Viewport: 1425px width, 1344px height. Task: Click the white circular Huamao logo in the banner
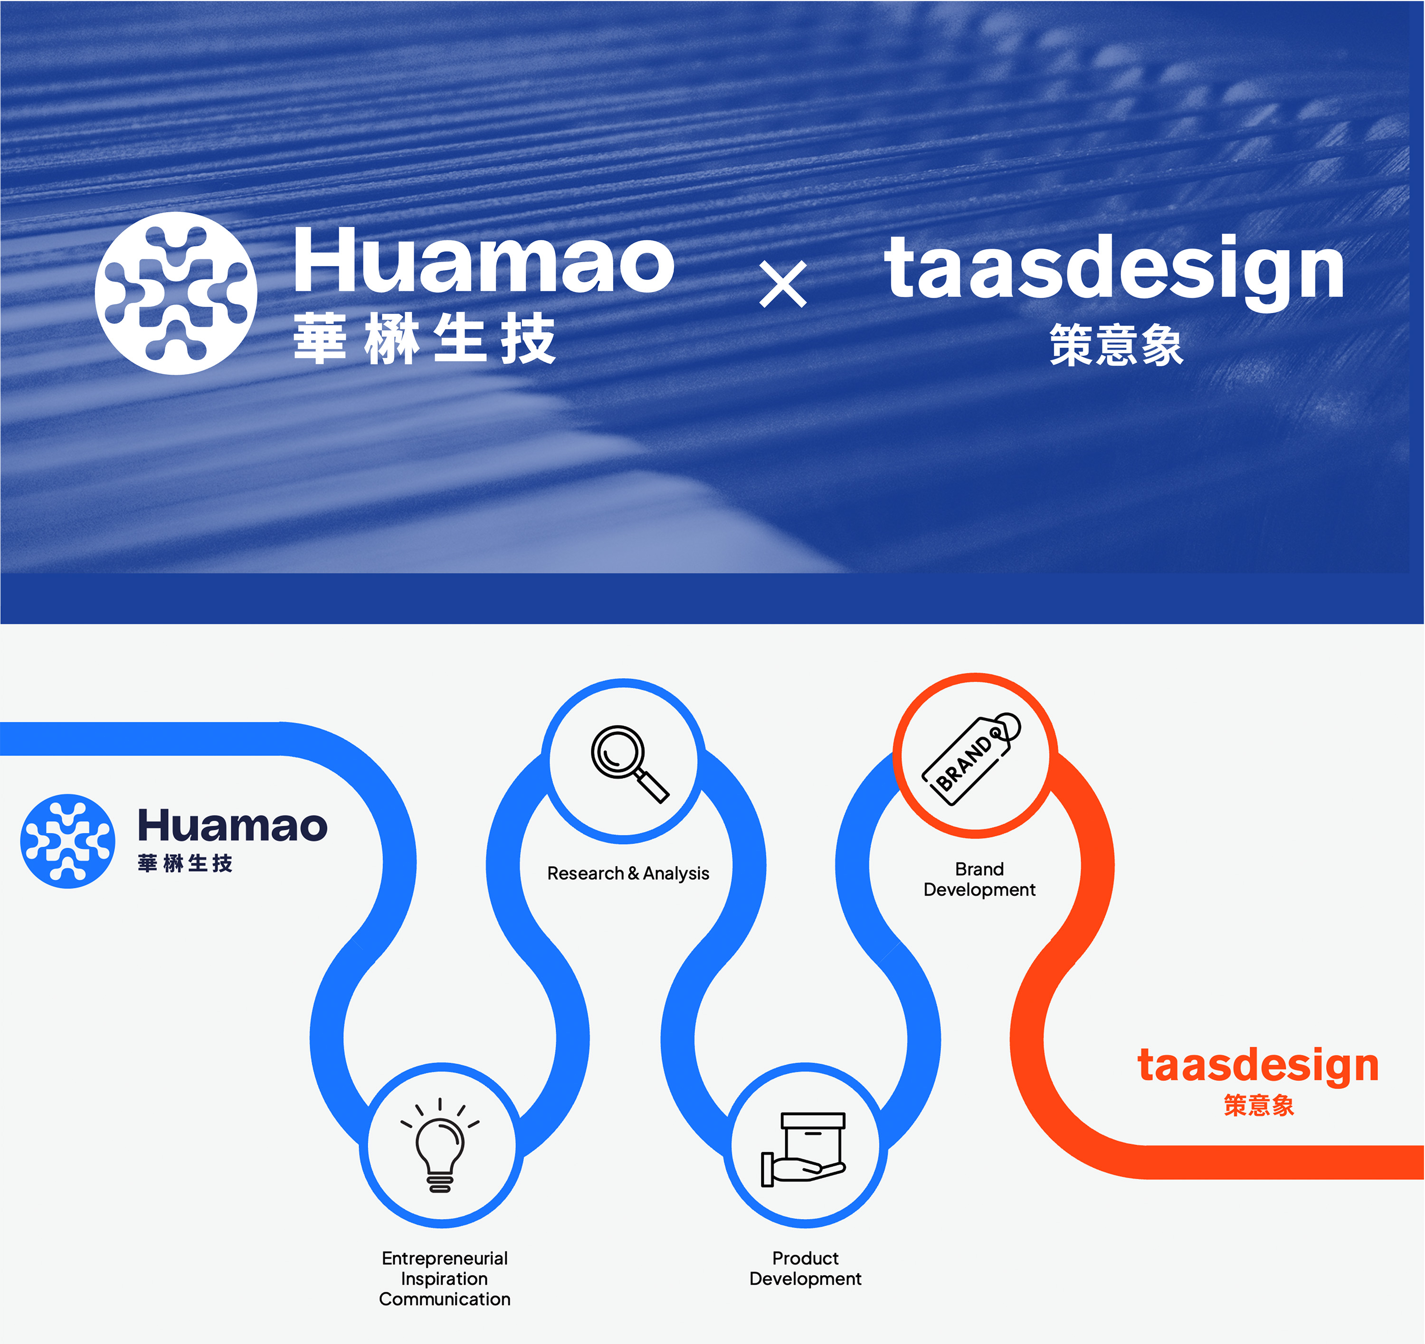(x=176, y=293)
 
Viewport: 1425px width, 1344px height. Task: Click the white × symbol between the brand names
(x=783, y=284)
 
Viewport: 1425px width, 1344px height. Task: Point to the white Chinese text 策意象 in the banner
(x=1116, y=345)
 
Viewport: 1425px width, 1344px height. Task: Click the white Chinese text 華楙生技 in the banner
(x=424, y=338)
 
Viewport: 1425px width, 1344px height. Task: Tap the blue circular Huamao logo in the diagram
(x=67, y=841)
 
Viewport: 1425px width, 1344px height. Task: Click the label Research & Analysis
(x=628, y=873)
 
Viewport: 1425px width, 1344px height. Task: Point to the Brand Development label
(x=979, y=880)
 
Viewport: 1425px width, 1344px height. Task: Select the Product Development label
(x=805, y=1268)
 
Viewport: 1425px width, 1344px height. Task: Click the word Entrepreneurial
(x=445, y=1258)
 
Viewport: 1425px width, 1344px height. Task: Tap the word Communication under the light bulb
(x=445, y=1299)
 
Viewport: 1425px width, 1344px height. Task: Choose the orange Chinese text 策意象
(x=1259, y=1105)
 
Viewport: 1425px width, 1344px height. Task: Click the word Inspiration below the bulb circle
(x=445, y=1279)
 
